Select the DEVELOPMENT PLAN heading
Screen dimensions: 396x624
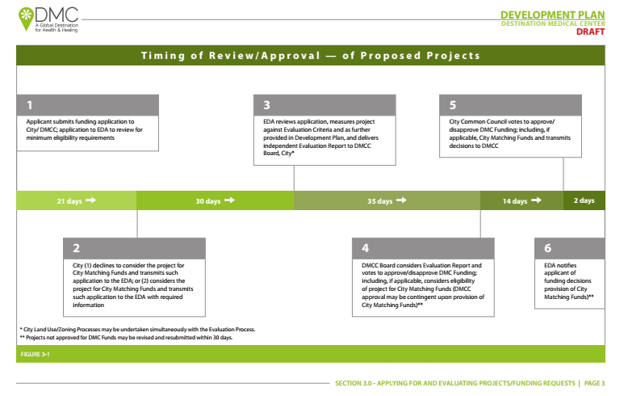[x=552, y=15]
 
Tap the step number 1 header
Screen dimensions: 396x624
[x=88, y=105]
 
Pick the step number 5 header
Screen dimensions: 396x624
[x=511, y=105]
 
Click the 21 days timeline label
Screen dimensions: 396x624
[x=69, y=200]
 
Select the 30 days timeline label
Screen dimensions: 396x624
[x=207, y=200]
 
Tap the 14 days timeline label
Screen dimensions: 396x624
[x=514, y=200]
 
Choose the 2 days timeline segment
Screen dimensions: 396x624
[x=584, y=200]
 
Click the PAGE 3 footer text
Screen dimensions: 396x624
[x=593, y=382]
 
